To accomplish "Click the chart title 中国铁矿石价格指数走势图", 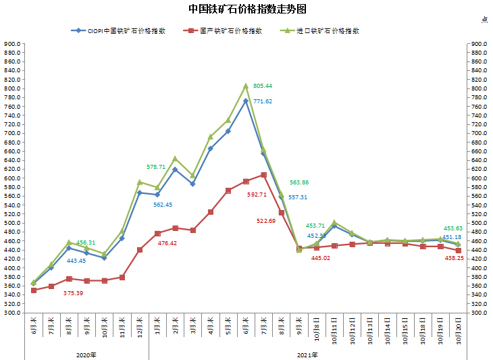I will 247,9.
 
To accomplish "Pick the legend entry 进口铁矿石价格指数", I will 323,30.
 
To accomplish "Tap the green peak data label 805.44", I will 263,86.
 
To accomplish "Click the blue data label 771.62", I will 263,101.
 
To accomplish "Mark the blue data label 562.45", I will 163,205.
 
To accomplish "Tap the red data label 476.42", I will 167,243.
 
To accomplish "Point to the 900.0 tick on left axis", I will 14,44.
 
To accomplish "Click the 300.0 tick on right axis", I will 478,313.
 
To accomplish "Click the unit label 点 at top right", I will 484,20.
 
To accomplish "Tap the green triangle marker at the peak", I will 246,86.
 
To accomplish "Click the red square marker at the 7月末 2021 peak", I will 263,175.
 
